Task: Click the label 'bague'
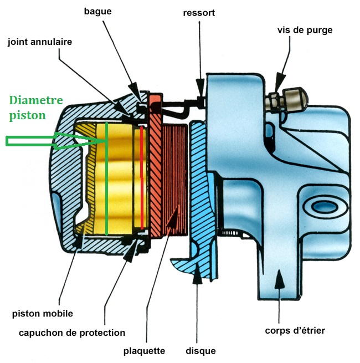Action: (97, 12)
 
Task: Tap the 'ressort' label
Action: (199, 13)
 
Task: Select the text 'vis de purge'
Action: (305, 30)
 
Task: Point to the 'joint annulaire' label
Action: (40, 42)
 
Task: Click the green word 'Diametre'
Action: (36, 100)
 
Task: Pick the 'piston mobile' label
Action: (43, 314)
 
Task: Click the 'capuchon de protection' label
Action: (72, 333)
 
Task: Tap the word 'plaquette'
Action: (144, 351)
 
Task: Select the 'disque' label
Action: (200, 351)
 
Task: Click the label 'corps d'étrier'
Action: (295, 331)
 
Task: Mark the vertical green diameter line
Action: (106, 178)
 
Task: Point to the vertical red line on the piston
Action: (142, 177)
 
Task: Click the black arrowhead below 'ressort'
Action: (200, 87)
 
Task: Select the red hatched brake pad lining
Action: (174, 180)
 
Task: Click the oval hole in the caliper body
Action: (324, 207)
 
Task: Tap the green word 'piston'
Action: (27, 116)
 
